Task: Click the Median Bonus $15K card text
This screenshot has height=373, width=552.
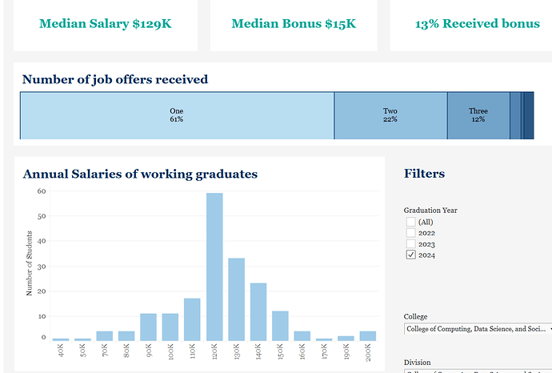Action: coord(294,23)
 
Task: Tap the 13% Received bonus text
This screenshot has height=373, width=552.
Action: coord(478,23)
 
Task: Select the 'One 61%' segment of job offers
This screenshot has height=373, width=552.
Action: coord(177,115)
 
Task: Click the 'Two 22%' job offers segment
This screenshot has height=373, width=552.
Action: coord(390,115)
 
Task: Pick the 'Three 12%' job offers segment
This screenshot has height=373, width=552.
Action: coord(478,115)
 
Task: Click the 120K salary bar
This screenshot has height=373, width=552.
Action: coord(214,267)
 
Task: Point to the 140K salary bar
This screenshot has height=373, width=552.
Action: coord(258,311)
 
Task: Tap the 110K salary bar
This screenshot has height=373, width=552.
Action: coord(193,319)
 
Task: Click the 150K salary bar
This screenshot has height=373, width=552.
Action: coord(280,325)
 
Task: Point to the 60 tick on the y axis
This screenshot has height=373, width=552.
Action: coord(41,191)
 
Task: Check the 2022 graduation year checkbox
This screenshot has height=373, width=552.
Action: coord(411,233)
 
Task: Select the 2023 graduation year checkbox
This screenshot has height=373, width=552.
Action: coord(411,244)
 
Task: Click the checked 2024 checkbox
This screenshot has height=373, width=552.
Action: coord(411,255)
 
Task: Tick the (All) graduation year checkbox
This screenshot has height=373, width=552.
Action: coord(411,222)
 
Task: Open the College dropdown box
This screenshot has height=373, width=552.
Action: coord(478,328)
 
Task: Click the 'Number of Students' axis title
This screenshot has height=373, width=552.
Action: coord(30,265)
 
